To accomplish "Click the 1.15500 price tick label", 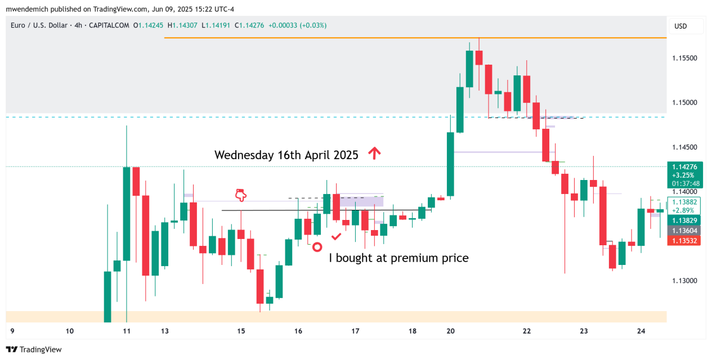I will coord(685,58).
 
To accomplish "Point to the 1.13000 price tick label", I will coord(685,281).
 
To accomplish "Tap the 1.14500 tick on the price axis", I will coord(685,147).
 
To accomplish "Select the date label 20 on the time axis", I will coord(450,331).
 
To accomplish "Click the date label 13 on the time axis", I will coord(164,331).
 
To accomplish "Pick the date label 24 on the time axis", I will coord(641,331).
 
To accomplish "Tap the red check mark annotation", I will coord(336,237).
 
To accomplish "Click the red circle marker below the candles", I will coord(317,246).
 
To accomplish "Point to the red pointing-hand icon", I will coord(241,195).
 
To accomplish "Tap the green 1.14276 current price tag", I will coord(685,166).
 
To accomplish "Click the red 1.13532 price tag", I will coord(685,241).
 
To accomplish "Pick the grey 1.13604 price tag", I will coord(685,231).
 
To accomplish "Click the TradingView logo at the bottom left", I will coord(34,349).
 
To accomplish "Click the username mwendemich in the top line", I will coord(28,9).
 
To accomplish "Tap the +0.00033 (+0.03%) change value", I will coord(297,25).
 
